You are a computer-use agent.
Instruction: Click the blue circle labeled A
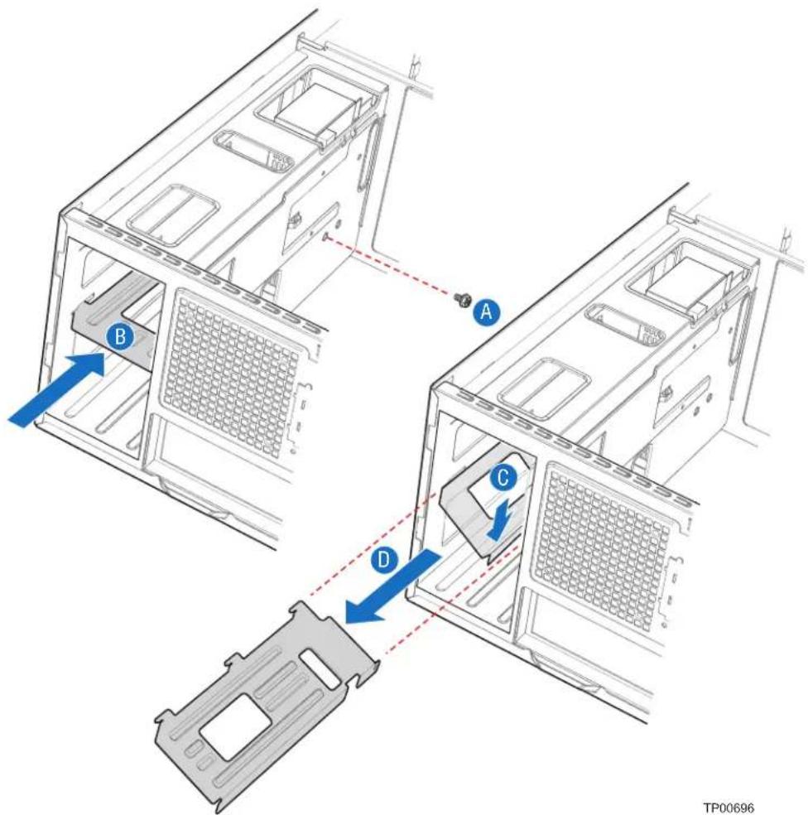click(x=486, y=311)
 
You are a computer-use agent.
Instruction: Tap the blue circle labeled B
click(x=119, y=336)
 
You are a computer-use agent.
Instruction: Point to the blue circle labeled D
click(x=384, y=560)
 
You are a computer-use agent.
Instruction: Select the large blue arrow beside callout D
click(x=392, y=587)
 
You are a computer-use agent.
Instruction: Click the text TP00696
click(x=728, y=808)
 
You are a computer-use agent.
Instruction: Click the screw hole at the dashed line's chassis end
click(x=325, y=237)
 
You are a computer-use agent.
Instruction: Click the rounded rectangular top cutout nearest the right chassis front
click(x=543, y=388)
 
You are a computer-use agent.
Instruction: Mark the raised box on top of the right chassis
click(x=687, y=279)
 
